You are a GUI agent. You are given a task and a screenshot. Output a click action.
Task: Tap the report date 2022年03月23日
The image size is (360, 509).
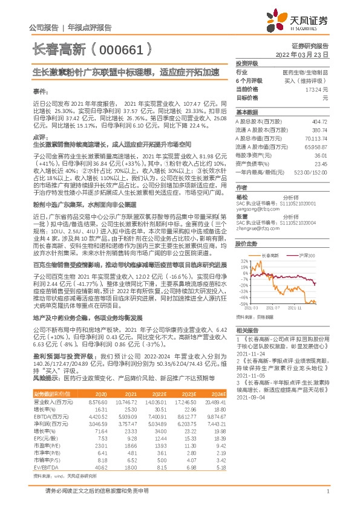(301, 54)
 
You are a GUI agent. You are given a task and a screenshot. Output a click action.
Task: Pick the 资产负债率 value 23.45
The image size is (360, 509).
(321, 163)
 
